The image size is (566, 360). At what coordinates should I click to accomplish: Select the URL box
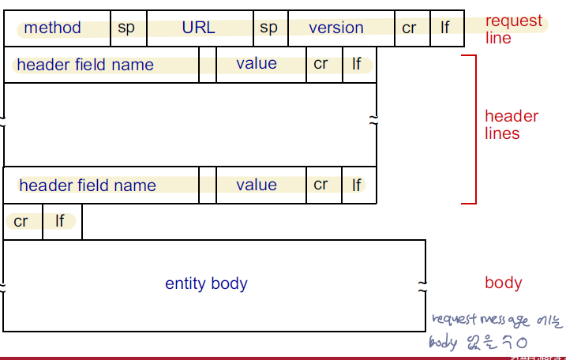[199, 28]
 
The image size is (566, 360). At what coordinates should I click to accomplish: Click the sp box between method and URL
[127, 28]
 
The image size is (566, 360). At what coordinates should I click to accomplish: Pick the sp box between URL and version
[270, 28]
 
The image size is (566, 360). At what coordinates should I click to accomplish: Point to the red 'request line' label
[514, 29]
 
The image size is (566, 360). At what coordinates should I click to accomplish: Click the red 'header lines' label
[512, 125]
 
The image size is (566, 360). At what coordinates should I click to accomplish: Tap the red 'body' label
[504, 283]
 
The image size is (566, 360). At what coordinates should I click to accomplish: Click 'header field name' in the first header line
[85, 65]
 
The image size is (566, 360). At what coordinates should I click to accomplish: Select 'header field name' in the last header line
[87, 186]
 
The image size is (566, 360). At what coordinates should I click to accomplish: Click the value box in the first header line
[257, 65]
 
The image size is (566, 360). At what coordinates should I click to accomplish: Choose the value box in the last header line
[257, 186]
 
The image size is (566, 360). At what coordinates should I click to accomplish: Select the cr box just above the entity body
[21, 222]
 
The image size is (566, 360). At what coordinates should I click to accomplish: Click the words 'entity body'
[206, 283]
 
